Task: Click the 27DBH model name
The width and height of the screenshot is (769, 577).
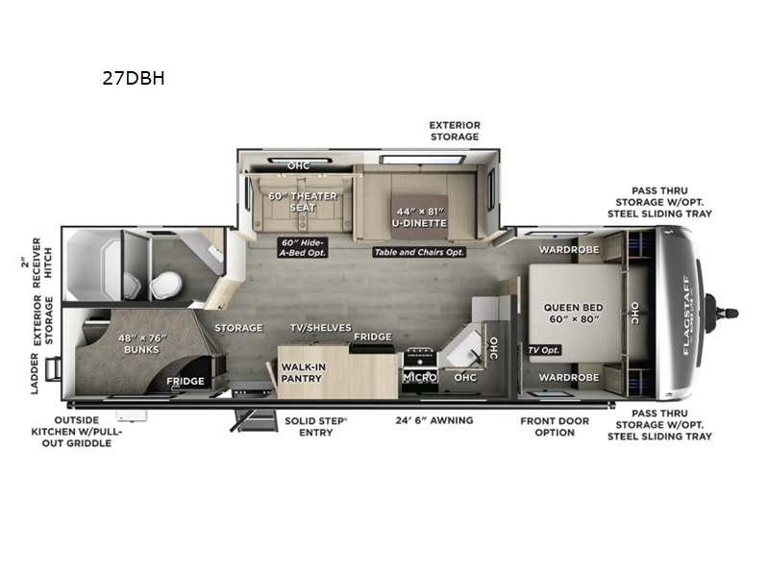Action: tap(134, 79)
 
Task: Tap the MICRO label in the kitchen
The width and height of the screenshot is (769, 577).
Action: tap(420, 378)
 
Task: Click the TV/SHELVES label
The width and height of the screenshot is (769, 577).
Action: tap(320, 328)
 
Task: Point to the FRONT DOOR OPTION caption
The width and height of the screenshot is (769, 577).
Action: tap(560, 426)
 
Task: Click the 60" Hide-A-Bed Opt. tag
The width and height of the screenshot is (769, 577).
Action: tap(301, 246)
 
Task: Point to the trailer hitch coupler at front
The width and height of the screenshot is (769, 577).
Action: tap(723, 312)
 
